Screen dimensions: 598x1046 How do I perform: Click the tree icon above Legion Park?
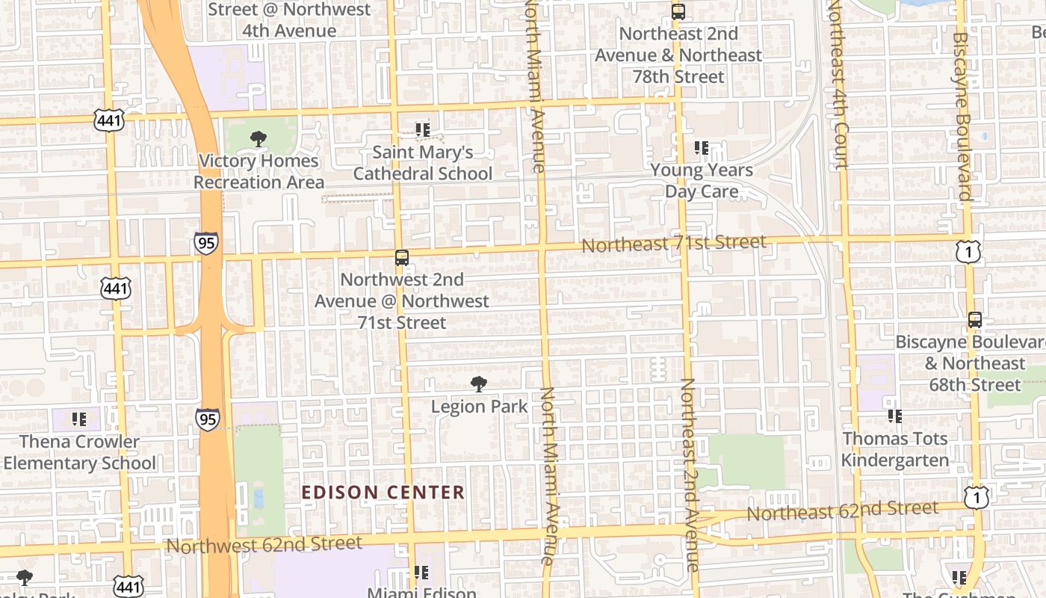(x=479, y=385)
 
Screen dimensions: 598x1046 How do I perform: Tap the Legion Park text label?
(x=480, y=407)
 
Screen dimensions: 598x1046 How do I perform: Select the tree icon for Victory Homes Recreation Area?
(x=259, y=138)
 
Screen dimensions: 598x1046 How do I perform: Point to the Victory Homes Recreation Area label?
(x=259, y=171)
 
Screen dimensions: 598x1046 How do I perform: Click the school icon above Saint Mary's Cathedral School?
(x=423, y=130)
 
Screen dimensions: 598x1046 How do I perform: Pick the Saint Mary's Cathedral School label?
(x=423, y=163)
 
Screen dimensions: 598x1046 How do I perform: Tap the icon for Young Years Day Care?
(x=702, y=148)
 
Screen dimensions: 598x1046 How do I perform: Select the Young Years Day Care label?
(x=702, y=181)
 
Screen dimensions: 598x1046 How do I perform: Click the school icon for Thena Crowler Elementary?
(x=79, y=419)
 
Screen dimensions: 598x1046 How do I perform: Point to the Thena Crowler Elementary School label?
(x=79, y=452)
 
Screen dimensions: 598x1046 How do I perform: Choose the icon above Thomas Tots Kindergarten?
(x=894, y=416)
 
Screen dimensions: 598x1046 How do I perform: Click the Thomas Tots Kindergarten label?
(x=894, y=449)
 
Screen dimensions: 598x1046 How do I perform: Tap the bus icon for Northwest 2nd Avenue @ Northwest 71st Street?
(x=402, y=258)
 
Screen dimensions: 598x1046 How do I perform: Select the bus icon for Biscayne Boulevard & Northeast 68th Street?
(x=975, y=320)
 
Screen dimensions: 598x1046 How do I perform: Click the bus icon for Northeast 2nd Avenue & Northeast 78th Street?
(x=678, y=12)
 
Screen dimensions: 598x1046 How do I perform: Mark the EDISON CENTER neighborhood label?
(x=383, y=493)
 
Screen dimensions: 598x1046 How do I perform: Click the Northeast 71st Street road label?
(x=674, y=244)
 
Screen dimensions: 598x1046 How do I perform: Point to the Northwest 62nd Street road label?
(x=264, y=544)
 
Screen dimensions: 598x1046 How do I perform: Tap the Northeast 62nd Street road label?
(x=843, y=511)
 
